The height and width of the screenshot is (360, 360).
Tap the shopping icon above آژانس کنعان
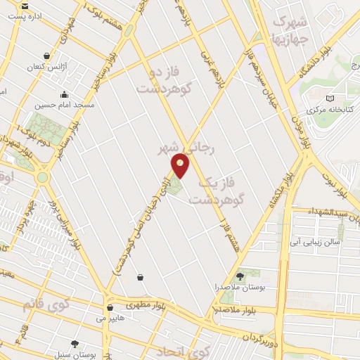46,56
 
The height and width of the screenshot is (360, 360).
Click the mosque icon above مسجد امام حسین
64,94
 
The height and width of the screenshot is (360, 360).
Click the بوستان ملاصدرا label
240,288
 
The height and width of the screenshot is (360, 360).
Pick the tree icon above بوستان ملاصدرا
240,276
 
